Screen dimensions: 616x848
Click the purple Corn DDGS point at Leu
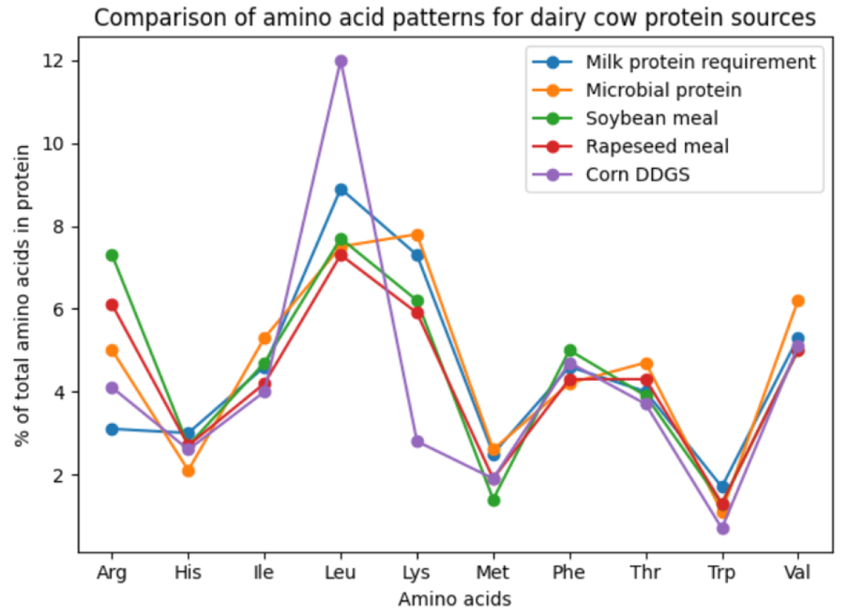[x=341, y=61]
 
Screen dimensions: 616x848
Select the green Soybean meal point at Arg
[x=112, y=255]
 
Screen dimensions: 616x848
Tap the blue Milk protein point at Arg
[x=112, y=429]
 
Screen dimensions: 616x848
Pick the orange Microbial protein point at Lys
[x=417, y=235]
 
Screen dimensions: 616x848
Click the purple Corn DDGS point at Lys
[x=417, y=442]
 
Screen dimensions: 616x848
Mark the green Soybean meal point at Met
[x=493, y=500]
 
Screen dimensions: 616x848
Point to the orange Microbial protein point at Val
[x=798, y=301]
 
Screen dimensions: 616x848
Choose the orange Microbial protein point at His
[x=188, y=470]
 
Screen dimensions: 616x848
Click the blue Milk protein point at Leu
[x=341, y=189]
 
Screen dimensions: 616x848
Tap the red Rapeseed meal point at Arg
[x=112, y=304]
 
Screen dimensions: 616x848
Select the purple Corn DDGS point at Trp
[x=722, y=528]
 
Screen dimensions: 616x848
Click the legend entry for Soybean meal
[x=652, y=119]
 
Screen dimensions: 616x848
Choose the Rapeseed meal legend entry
[x=657, y=147]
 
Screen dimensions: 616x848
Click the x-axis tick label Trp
[x=722, y=573]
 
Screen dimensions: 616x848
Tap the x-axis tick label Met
[x=493, y=573]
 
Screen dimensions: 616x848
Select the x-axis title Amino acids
[x=454, y=599]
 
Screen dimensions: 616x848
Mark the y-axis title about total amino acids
[x=23, y=295]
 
